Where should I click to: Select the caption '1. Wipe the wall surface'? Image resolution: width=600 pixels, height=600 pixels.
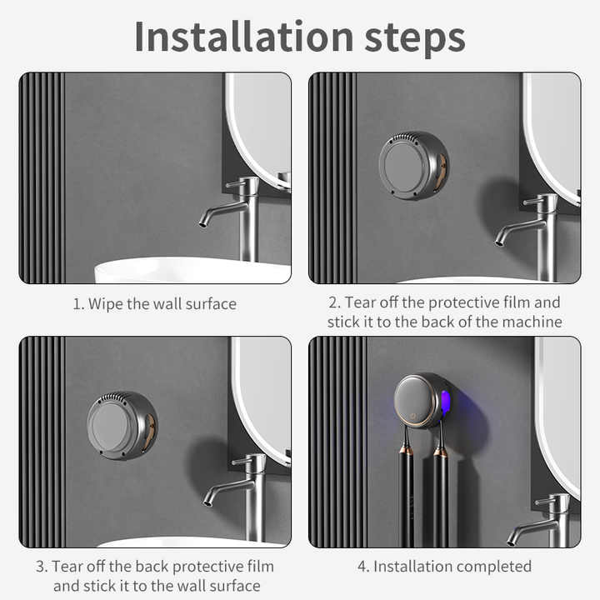(x=154, y=304)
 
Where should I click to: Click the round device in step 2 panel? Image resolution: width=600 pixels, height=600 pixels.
(x=413, y=165)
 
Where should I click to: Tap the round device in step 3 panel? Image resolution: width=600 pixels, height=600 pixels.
(x=122, y=425)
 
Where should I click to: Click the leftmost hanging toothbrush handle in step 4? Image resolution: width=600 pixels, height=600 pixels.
(x=406, y=492)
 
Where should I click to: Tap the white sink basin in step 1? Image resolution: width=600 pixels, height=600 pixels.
(x=192, y=271)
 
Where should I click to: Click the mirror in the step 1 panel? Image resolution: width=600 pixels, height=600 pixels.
(x=258, y=125)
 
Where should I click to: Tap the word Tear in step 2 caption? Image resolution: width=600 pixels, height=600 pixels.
(x=361, y=302)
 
